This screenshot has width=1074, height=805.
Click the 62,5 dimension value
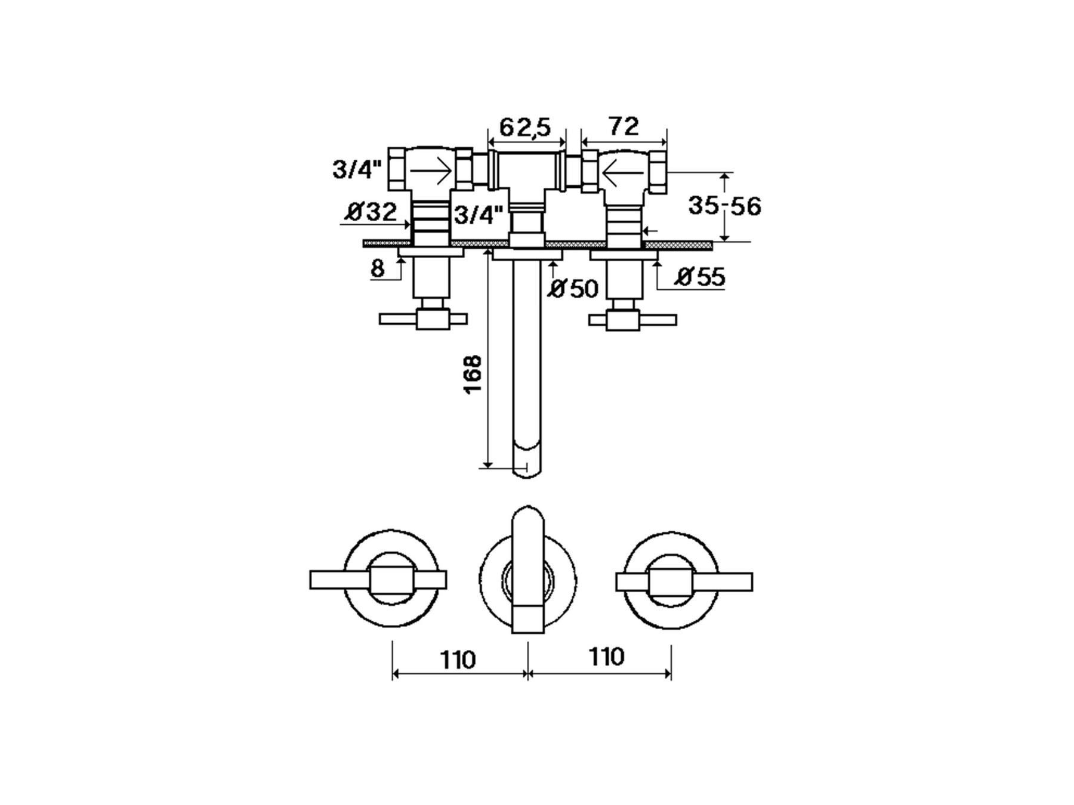[x=524, y=127]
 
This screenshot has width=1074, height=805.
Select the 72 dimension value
[x=624, y=126]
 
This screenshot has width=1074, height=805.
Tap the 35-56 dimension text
[x=724, y=206]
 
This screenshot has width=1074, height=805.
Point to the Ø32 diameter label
[x=371, y=211]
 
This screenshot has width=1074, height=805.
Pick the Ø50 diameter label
[x=573, y=289]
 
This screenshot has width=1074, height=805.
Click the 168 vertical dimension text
[x=473, y=374]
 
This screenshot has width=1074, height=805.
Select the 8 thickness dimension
[x=377, y=269]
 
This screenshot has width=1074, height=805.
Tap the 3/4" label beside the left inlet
[x=357, y=169]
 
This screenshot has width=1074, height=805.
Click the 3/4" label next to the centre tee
[x=479, y=215]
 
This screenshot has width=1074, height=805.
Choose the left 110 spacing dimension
[x=458, y=660]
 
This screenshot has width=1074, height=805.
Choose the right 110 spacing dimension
[x=606, y=657]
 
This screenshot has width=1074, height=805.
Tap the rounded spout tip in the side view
[x=527, y=459]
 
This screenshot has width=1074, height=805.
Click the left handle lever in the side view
[x=423, y=320]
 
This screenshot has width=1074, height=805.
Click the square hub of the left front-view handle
[x=391, y=581]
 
